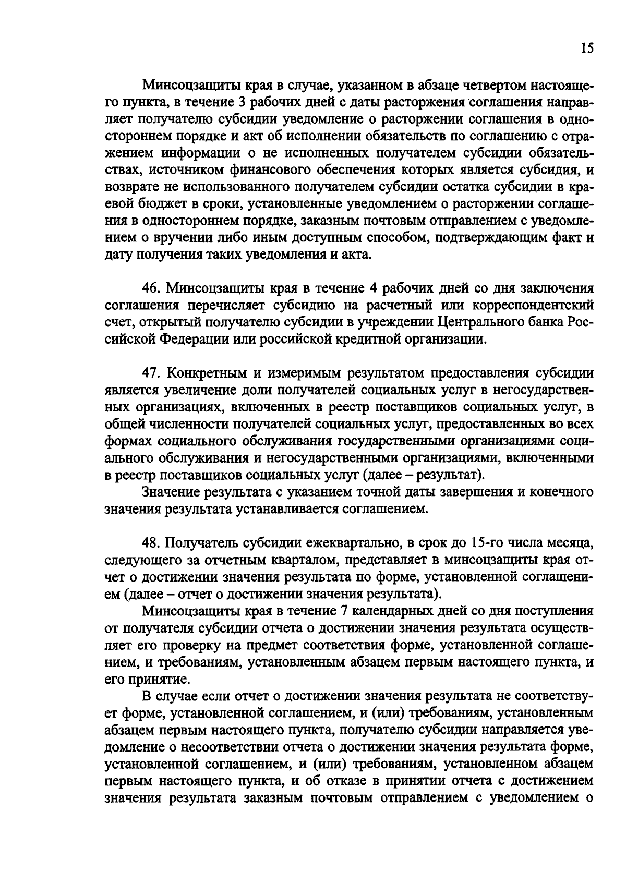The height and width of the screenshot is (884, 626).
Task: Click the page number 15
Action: [586, 49]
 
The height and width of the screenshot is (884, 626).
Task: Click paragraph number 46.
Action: [151, 288]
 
